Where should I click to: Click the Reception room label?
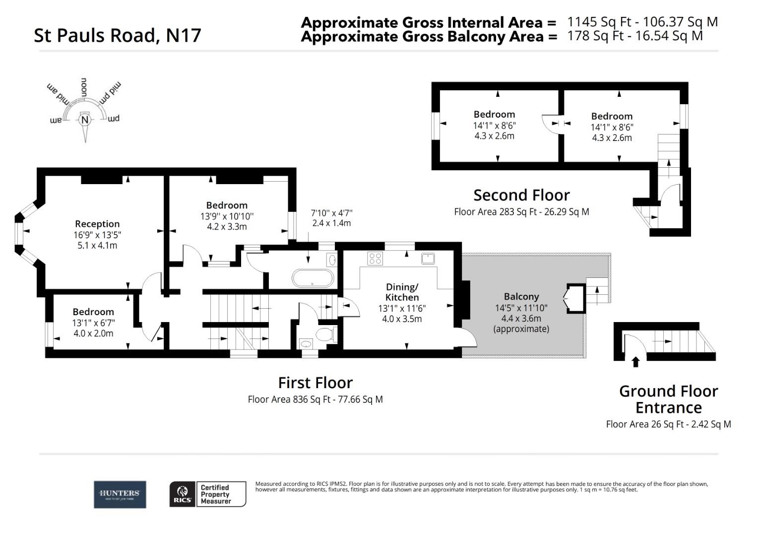coord(97,224)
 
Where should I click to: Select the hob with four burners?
coord(375,259)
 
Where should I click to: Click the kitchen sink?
coord(428,259)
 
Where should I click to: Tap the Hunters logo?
coord(120,494)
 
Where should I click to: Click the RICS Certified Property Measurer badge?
coord(207,494)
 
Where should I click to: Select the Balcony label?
coord(521,296)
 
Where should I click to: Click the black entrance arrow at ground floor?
coord(635,362)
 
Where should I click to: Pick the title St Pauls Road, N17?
coord(118,35)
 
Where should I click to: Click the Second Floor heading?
coord(521,195)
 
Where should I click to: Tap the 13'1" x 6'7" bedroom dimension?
coord(93,323)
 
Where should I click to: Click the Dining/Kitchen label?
coord(402,292)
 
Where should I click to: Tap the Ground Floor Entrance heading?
coord(668,399)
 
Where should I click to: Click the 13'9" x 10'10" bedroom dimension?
coord(227,216)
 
